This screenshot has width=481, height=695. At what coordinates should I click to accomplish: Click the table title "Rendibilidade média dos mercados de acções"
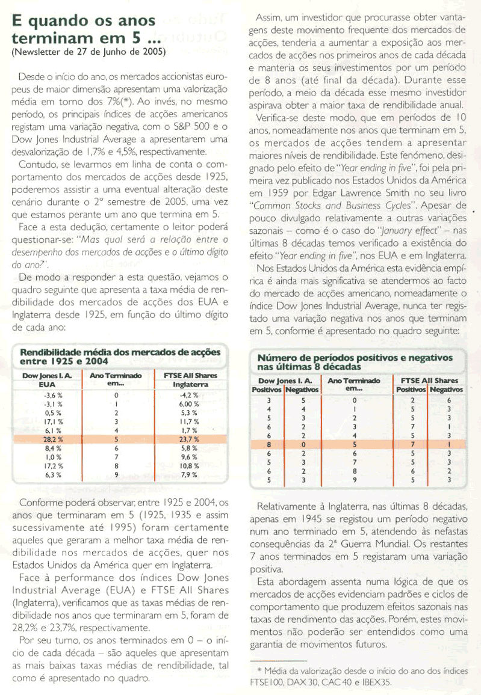tap(120, 352)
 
